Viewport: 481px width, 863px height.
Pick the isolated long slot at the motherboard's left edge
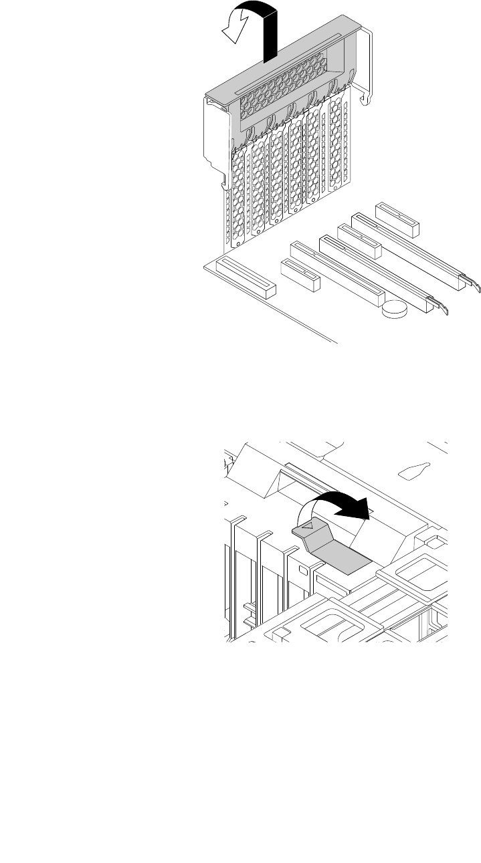click(246, 278)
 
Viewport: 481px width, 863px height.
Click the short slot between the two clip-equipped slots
click(359, 241)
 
